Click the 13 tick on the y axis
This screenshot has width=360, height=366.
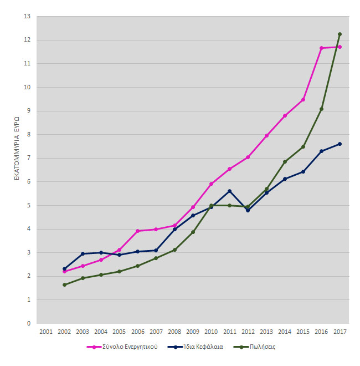click(27, 17)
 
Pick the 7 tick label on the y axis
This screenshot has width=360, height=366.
click(29, 158)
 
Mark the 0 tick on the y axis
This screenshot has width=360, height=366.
click(29, 323)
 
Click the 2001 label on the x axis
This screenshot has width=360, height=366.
click(46, 332)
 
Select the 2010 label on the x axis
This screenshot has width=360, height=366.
click(211, 332)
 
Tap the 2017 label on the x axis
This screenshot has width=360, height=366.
click(340, 332)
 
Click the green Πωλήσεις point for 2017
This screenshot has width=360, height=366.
click(340, 34)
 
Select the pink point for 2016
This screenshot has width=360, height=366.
click(321, 48)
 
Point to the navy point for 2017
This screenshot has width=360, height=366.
click(340, 144)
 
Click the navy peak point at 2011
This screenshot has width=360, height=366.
click(229, 191)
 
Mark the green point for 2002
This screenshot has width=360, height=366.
click(64, 285)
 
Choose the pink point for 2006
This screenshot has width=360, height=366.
click(138, 231)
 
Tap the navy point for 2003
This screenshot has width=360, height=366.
click(83, 254)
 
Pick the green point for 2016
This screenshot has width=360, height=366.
click(321, 109)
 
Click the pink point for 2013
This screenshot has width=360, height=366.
click(266, 136)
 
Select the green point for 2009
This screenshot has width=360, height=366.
click(193, 232)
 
